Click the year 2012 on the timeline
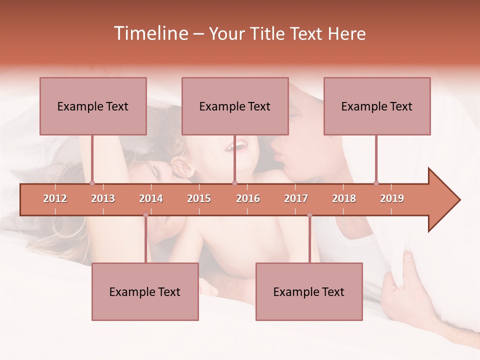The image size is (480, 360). tap(55, 198)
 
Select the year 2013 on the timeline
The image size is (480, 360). tap(103, 198)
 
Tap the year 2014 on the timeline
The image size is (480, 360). tap(151, 198)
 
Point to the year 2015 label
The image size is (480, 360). tap(199, 198)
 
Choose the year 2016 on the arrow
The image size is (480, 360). tap(248, 198)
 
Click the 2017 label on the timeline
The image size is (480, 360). tap(296, 198)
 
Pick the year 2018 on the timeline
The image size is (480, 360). tap(344, 198)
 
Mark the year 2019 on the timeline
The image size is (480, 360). tap(392, 198)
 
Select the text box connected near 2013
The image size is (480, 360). tap(93, 106)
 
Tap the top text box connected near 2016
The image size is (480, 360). tap(235, 106)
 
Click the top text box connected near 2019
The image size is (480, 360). tap(377, 106)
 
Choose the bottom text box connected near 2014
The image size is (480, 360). tap(145, 291)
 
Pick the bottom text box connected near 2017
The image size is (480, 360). tap(309, 291)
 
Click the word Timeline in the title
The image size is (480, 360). tap(150, 33)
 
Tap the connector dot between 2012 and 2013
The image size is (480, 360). tap(92, 183)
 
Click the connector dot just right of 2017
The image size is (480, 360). tap(309, 215)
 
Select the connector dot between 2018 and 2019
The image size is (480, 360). tap(376, 183)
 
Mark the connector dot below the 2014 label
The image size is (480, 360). tap(145, 215)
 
